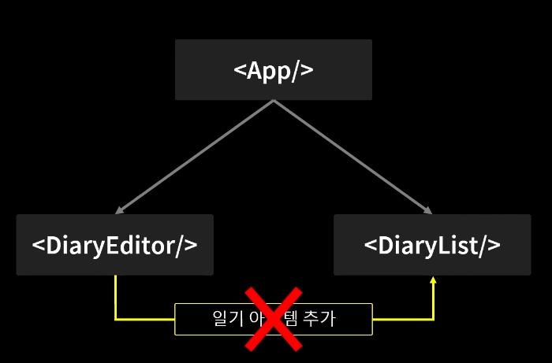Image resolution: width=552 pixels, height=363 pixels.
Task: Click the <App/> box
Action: click(x=273, y=70)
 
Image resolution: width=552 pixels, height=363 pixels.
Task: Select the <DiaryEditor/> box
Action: click(x=114, y=245)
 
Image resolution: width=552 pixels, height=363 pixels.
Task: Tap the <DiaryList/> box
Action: click(x=431, y=245)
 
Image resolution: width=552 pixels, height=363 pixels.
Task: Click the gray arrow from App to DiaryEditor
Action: click(x=193, y=157)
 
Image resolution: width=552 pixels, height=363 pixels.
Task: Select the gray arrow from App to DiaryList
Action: click(x=352, y=157)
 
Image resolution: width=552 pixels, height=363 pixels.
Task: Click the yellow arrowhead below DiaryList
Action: click(x=433, y=280)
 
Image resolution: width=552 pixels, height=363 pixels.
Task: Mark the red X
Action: click(x=273, y=318)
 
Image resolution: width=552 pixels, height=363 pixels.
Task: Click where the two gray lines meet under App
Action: click(x=273, y=101)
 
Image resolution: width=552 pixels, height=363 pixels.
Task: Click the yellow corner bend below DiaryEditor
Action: click(x=116, y=319)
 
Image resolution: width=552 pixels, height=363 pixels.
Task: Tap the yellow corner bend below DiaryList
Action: click(x=433, y=319)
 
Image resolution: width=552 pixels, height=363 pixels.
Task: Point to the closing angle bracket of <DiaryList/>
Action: click(x=494, y=246)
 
